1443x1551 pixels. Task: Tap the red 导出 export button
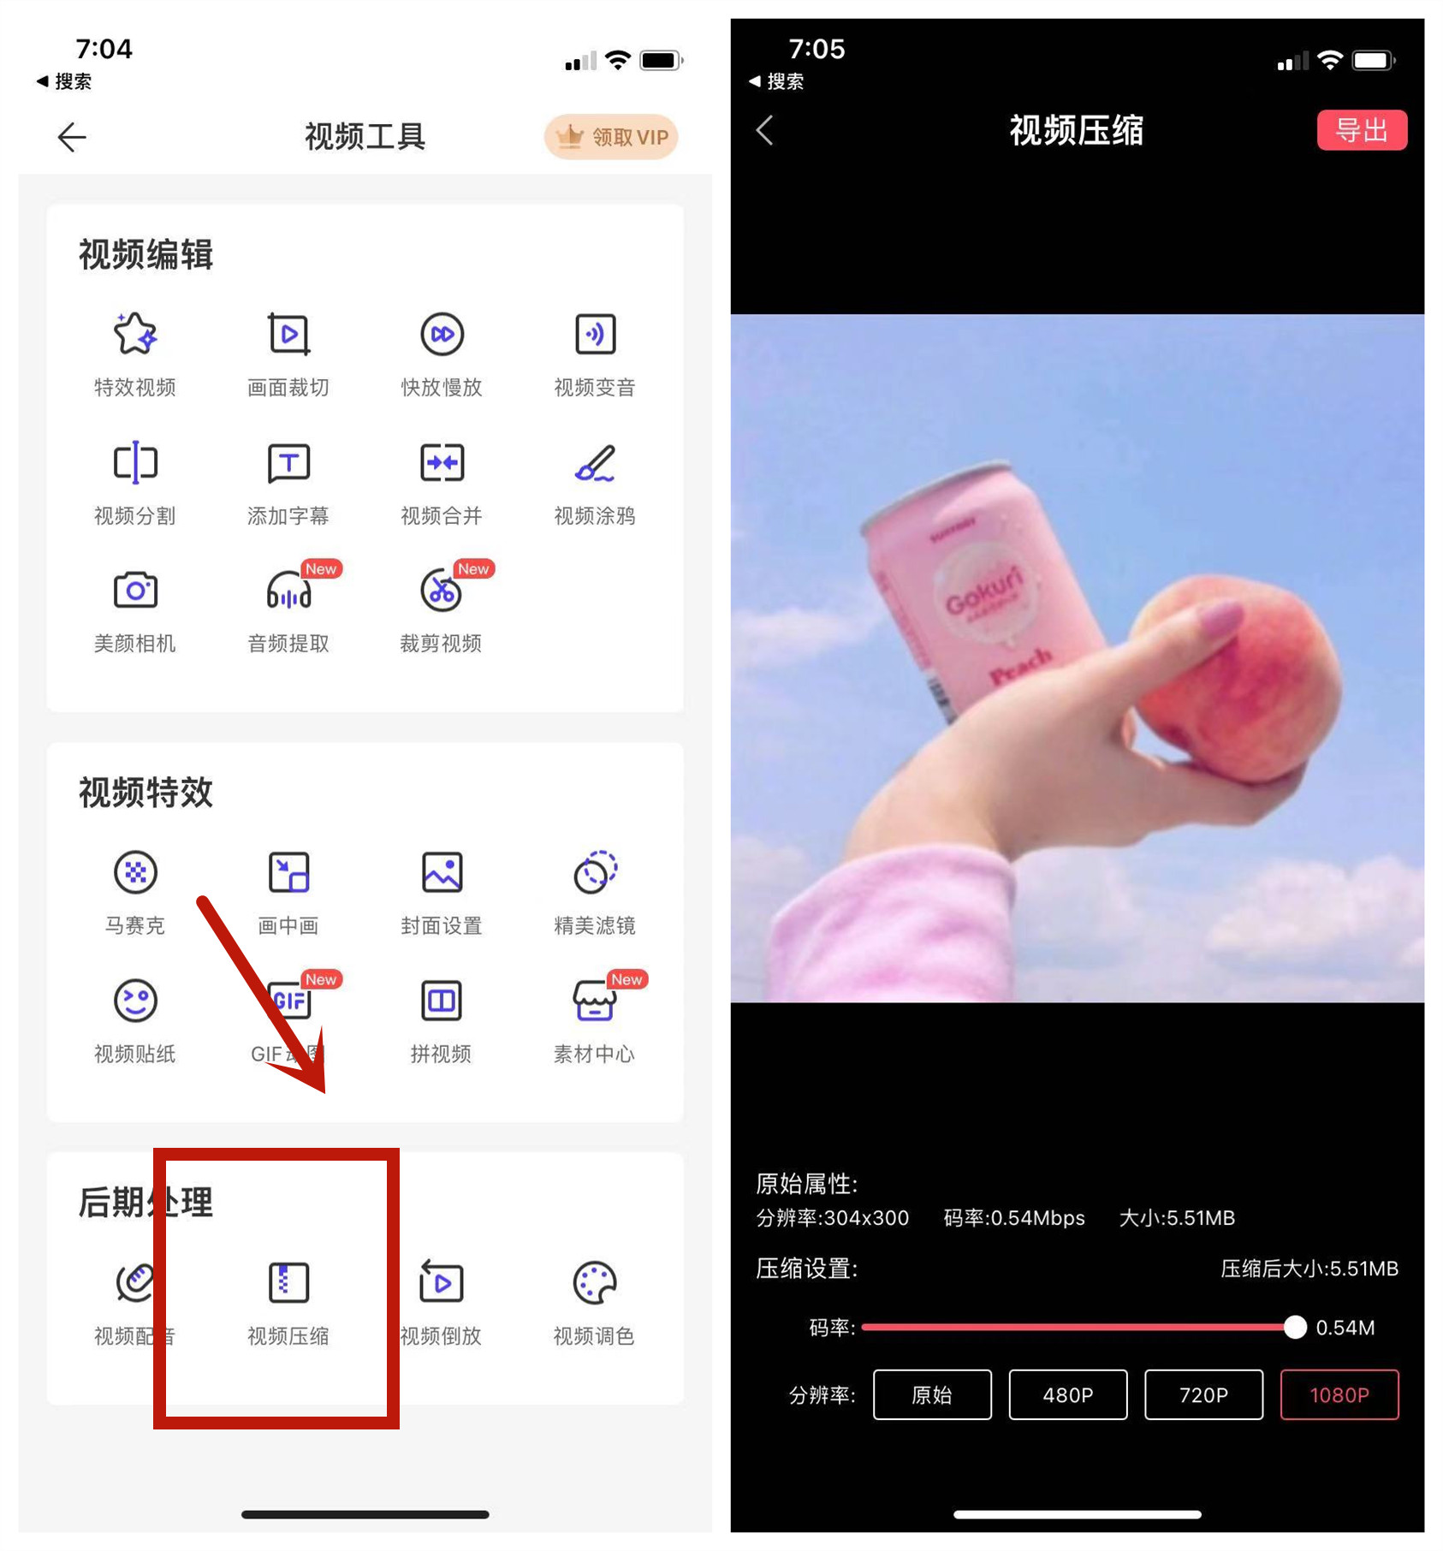click(x=1361, y=130)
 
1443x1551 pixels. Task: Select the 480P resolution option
click(x=1067, y=1394)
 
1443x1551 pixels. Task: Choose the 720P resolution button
click(x=1202, y=1394)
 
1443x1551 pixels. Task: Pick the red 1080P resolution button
click(x=1339, y=1394)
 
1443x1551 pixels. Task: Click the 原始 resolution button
click(x=931, y=1394)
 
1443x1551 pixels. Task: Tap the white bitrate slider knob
click(x=1295, y=1327)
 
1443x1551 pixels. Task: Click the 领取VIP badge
click(x=611, y=137)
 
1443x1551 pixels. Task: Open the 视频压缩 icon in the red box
click(x=288, y=1282)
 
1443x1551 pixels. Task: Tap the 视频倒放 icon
click(x=441, y=1282)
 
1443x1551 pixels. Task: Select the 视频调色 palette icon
click(x=594, y=1282)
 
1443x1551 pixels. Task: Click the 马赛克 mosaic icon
click(x=135, y=872)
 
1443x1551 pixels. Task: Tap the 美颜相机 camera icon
click(x=135, y=590)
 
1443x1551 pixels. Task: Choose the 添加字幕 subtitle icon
click(x=288, y=462)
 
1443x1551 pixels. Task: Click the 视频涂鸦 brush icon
click(x=595, y=462)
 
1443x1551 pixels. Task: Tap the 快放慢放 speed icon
click(x=442, y=334)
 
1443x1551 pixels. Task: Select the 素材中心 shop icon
click(x=594, y=1000)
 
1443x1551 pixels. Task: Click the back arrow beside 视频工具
click(x=72, y=137)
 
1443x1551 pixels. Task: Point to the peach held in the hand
click(x=1232, y=676)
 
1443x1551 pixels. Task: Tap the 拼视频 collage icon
click(x=441, y=1000)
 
